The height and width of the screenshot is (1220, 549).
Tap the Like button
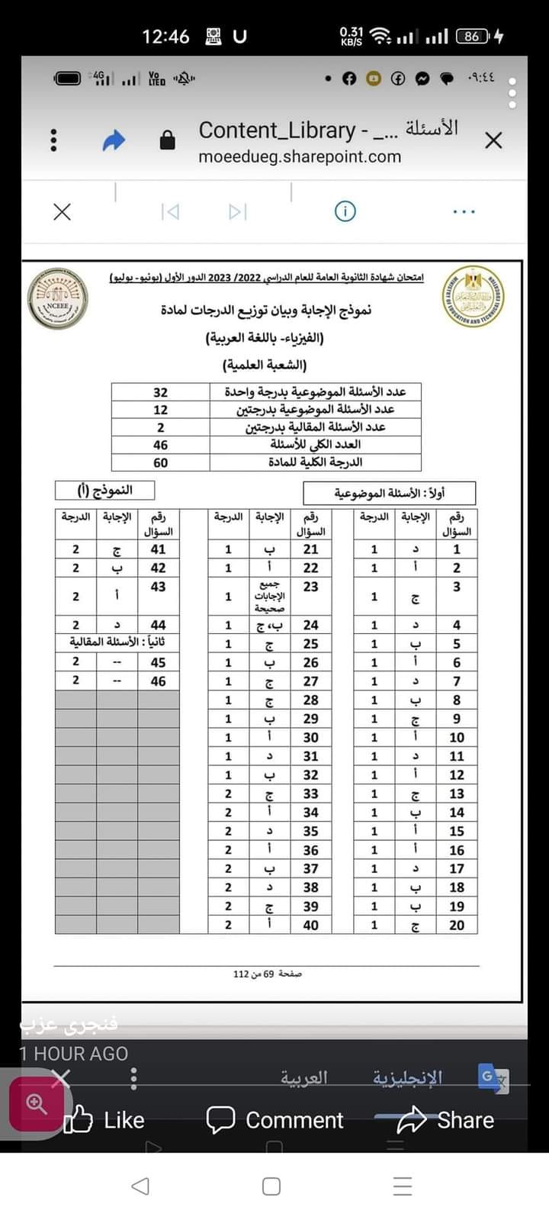tap(104, 1119)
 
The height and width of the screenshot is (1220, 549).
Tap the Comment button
tap(274, 1119)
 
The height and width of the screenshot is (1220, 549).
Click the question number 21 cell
tap(310, 549)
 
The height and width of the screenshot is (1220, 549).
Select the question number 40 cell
tap(310, 925)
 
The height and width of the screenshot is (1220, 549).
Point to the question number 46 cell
tap(158, 681)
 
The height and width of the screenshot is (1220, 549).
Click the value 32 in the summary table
tap(160, 392)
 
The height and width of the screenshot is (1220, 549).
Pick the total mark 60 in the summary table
tap(160, 462)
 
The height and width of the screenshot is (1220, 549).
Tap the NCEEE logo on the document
tap(58, 299)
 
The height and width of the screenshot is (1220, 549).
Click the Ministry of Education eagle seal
tap(473, 296)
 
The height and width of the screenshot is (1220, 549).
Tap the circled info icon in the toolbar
tap(345, 211)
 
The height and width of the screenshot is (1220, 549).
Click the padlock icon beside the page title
tap(167, 140)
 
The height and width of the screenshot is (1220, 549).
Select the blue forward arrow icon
tap(114, 140)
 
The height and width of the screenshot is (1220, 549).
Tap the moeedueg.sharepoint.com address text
tap(300, 157)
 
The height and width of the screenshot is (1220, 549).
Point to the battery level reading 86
tap(472, 36)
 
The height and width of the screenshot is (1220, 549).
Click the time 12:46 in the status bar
tap(165, 37)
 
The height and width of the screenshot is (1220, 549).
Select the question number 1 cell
tap(457, 549)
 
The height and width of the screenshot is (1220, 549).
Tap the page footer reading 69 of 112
tap(268, 974)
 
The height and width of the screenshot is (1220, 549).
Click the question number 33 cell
tap(310, 793)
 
